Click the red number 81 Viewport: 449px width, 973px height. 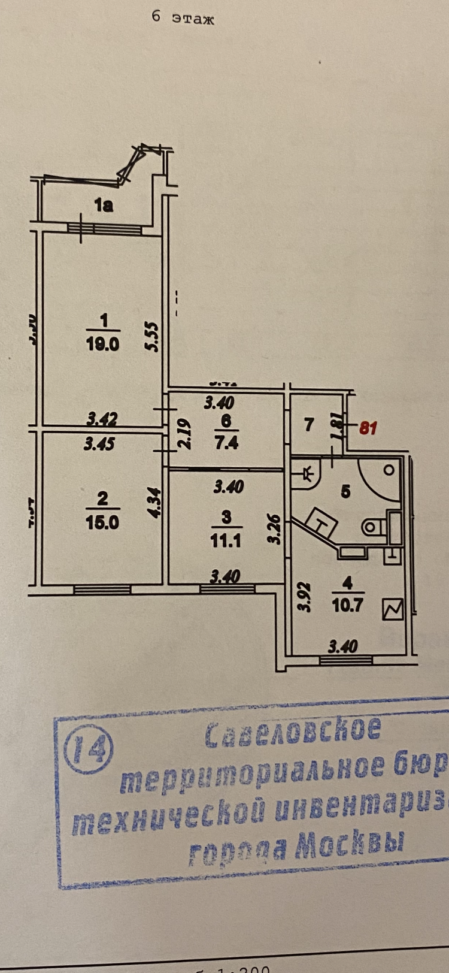(x=368, y=428)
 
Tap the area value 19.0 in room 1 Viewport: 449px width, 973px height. (x=103, y=345)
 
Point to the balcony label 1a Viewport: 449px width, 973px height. (x=104, y=206)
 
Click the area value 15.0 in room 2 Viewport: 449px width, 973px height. (x=102, y=522)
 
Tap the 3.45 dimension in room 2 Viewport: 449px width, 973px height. (x=99, y=444)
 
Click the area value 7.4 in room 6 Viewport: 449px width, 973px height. (x=226, y=443)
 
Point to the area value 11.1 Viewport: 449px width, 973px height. (x=226, y=540)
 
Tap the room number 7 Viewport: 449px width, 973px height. (x=308, y=425)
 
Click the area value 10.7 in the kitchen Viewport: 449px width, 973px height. (x=347, y=605)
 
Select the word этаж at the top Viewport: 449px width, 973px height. (x=193, y=19)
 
